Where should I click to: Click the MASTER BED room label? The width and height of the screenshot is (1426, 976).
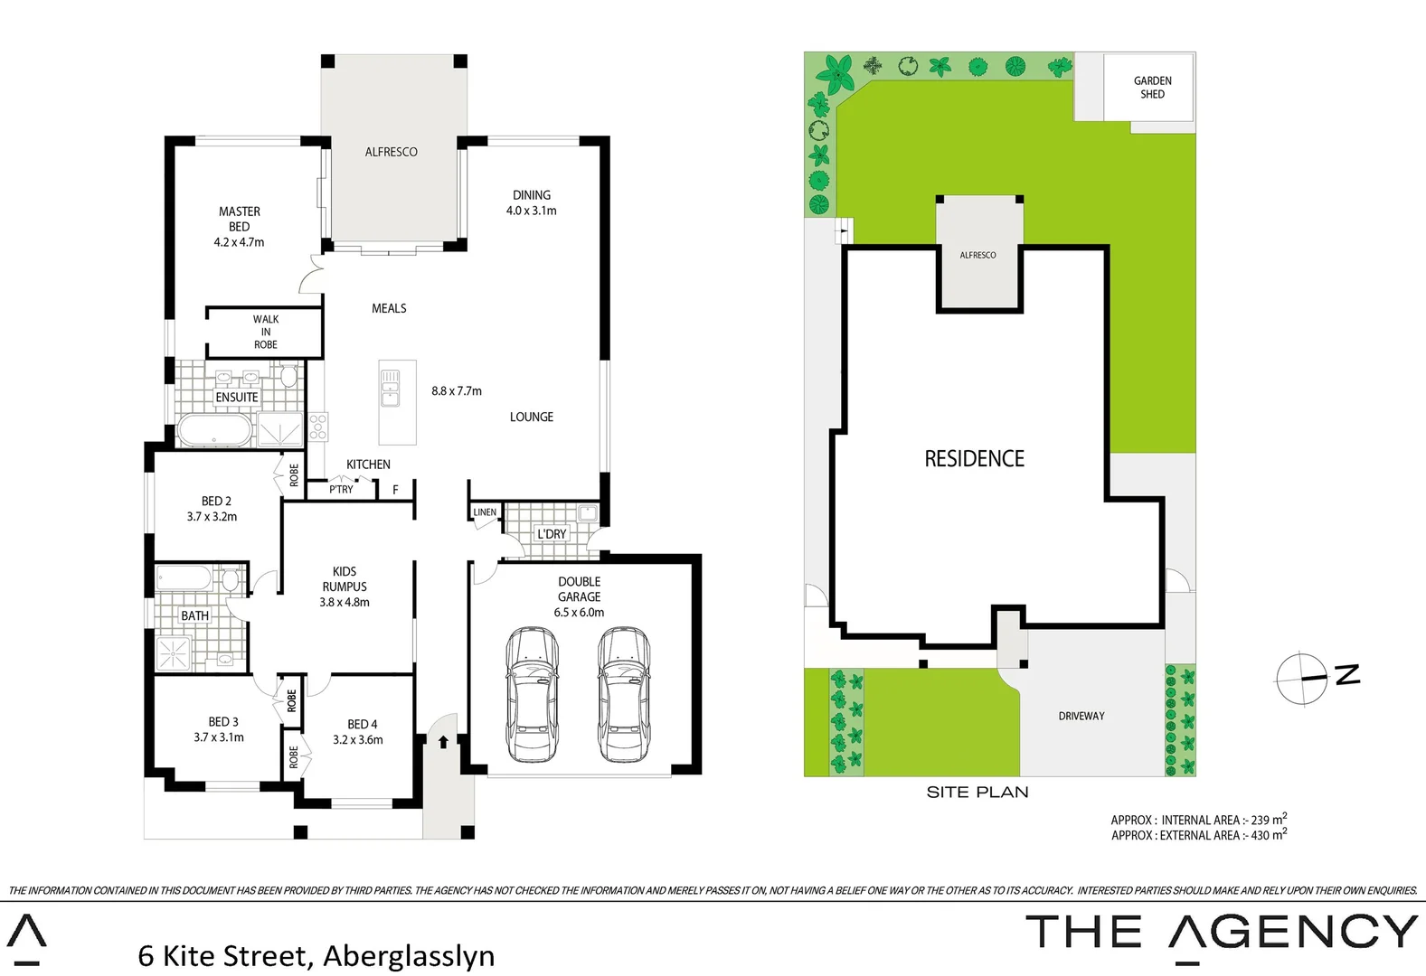(x=239, y=226)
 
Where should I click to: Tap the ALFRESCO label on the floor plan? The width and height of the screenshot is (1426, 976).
(x=391, y=152)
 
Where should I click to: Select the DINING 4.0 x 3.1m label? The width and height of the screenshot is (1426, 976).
(x=531, y=202)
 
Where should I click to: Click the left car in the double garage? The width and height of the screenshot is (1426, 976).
(x=531, y=693)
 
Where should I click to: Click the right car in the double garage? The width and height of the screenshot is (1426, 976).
(x=624, y=693)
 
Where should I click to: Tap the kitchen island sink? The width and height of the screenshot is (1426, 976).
(x=390, y=388)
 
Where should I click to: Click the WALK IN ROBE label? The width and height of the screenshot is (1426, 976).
(x=265, y=332)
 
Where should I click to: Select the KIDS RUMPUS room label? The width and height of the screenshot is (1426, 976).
(x=345, y=587)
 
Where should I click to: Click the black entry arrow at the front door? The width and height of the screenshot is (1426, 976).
(x=443, y=742)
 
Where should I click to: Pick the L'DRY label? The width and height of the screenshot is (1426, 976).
(x=552, y=534)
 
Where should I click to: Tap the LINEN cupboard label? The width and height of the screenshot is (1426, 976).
(x=485, y=512)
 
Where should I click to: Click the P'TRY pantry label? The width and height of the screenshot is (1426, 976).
(x=341, y=490)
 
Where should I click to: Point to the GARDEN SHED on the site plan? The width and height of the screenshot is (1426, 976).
(x=1152, y=88)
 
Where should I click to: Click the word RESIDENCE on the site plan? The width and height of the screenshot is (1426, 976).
(x=974, y=459)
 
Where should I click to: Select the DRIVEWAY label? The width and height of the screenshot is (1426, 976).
(x=1081, y=716)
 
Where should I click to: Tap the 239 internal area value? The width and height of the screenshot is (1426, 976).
(x=1261, y=821)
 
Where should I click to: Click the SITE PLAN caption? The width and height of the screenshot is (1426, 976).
(x=977, y=793)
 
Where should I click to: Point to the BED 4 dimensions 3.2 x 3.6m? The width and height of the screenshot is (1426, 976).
(x=358, y=739)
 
